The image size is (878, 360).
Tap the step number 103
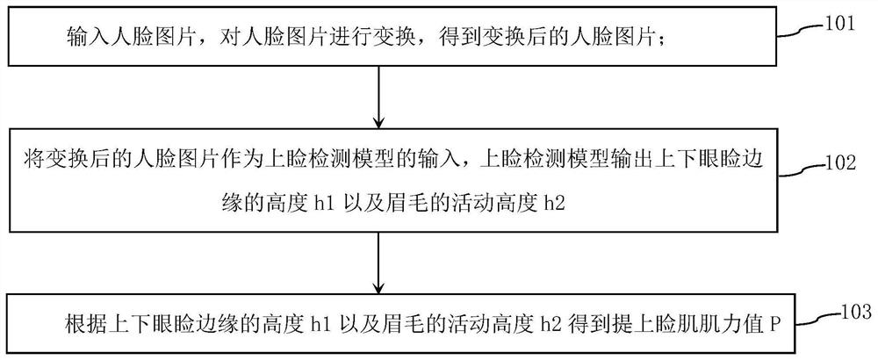coord(853,312)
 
